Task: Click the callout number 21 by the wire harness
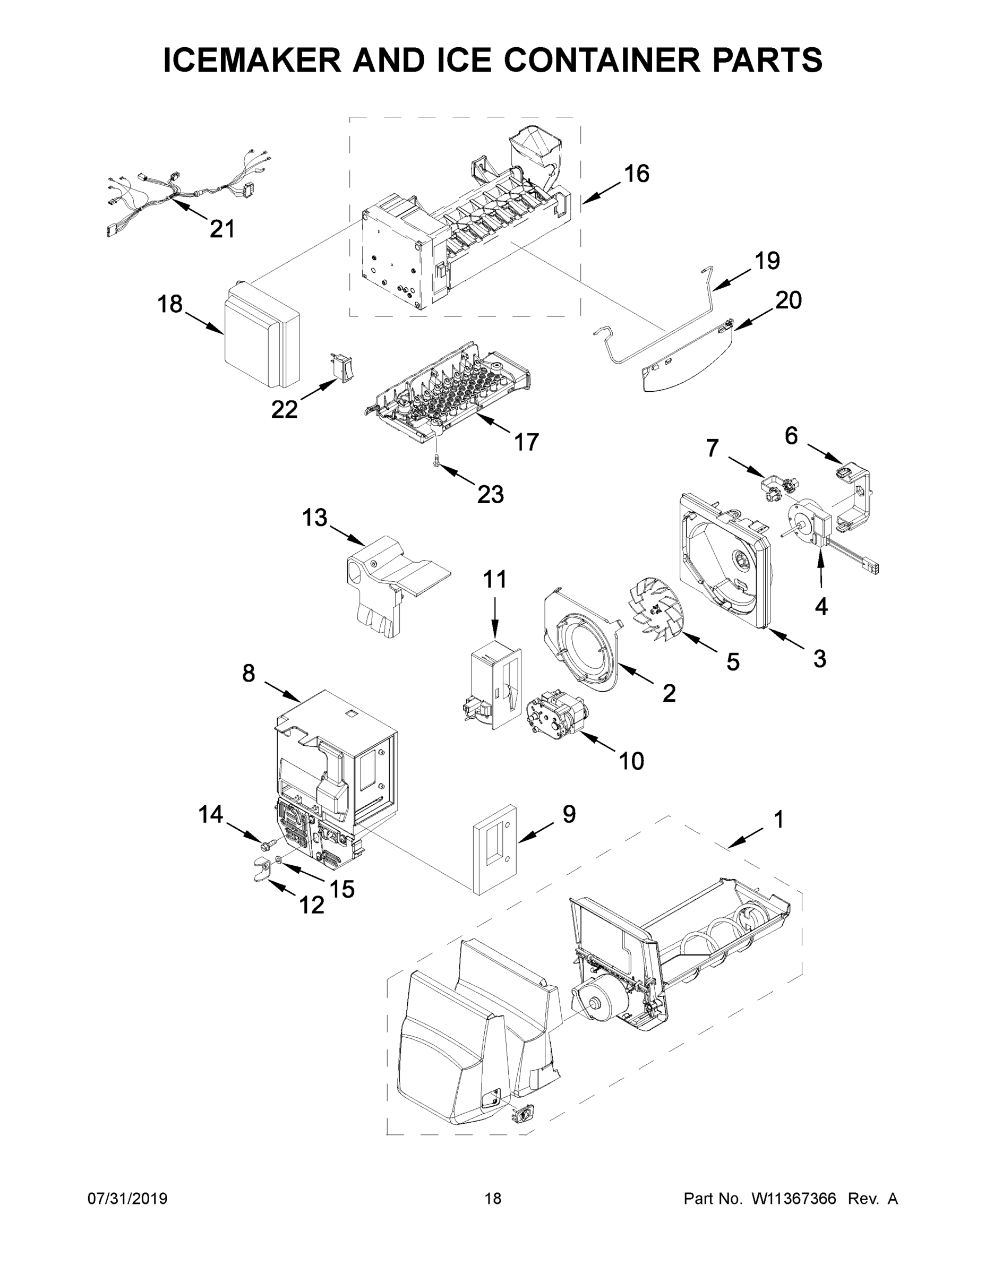(x=222, y=229)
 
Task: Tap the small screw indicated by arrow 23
(x=435, y=461)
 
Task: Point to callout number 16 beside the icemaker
(x=636, y=173)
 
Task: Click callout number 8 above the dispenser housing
(x=249, y=673)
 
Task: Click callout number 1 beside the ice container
(x=778, y=820)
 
